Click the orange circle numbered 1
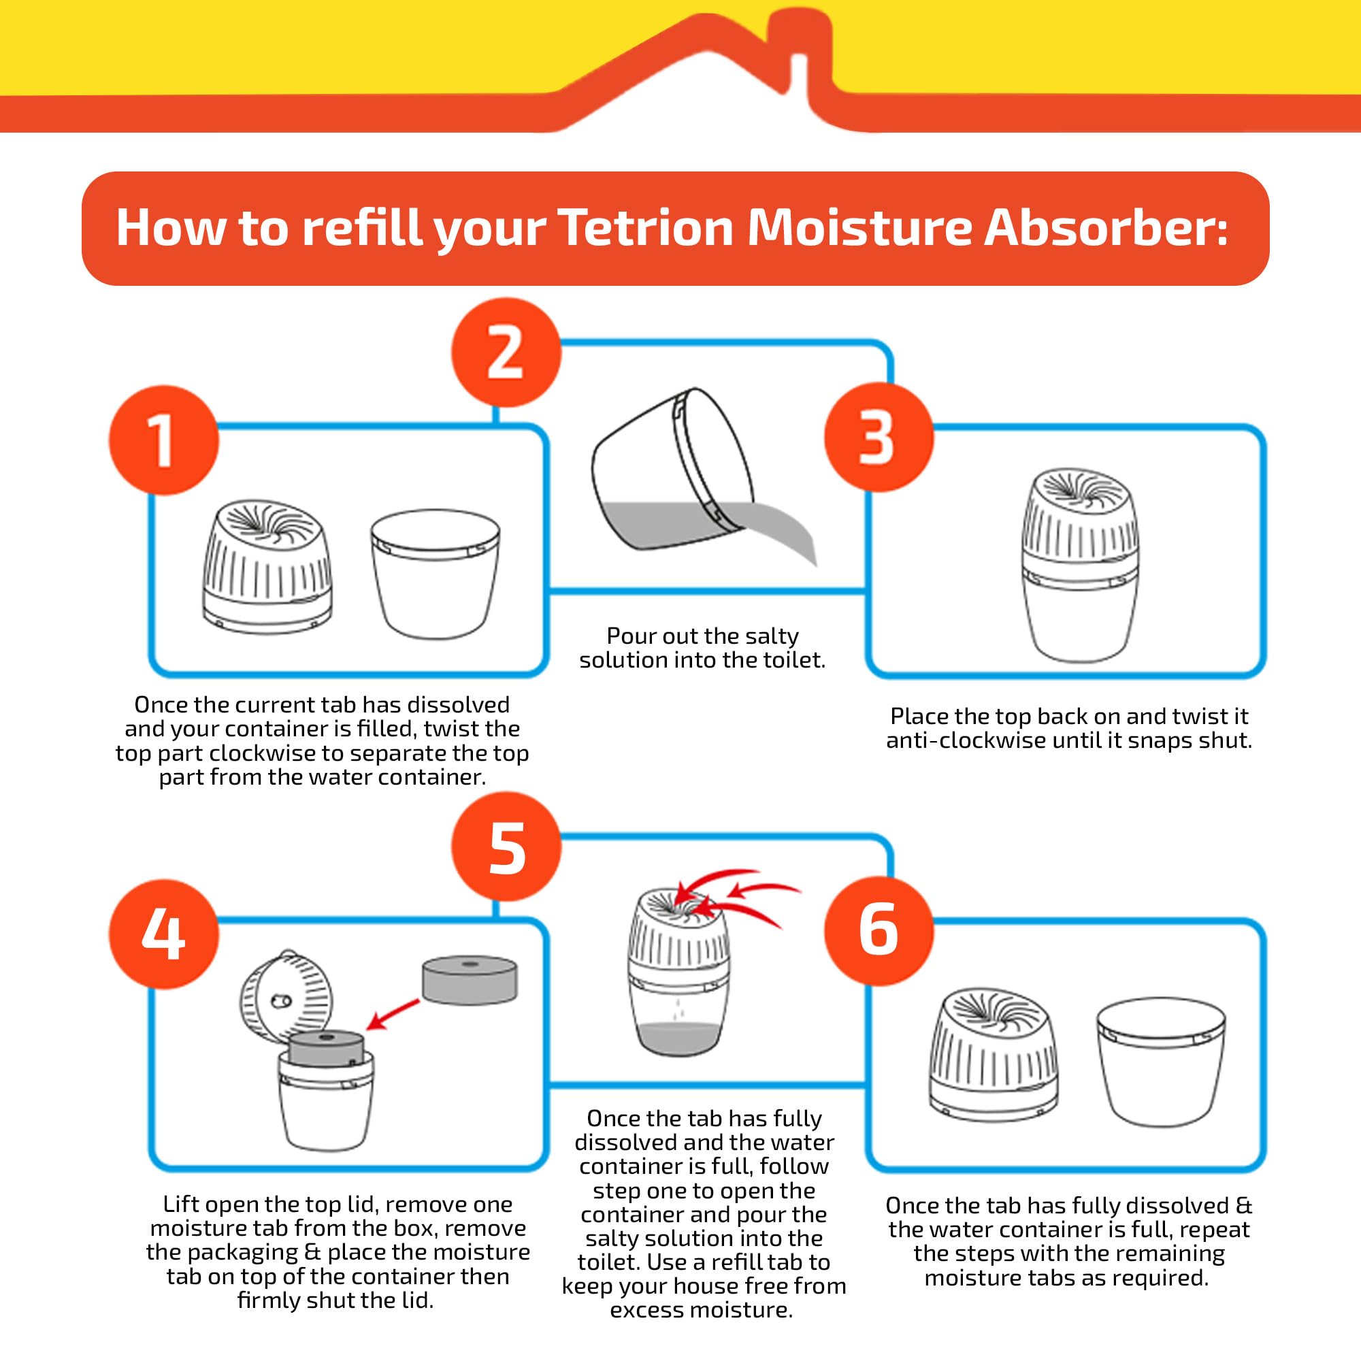[163, 440]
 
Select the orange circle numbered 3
[878, 438]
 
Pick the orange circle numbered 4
[163, 934]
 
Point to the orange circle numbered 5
[506, 846]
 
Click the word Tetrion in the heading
[646, 227]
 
